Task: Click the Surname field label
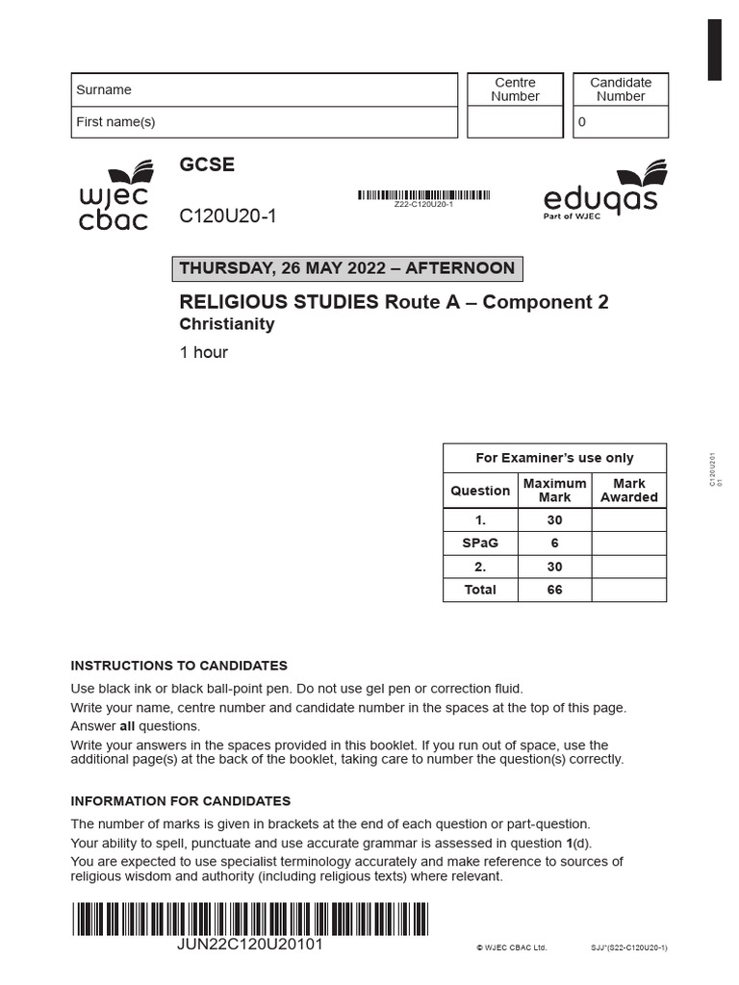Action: [x=104, y=89]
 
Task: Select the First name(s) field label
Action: [x=115, y=122]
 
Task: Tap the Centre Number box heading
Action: [x=515, y=89]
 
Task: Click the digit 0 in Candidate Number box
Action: [x=581, y=122]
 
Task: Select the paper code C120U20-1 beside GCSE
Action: [x=227, y=216]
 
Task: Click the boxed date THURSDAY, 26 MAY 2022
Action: [x=347, y=268]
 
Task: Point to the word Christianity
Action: [x=227, y=324]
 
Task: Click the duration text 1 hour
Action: [x=204, y=352]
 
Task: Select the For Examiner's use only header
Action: [x=555, y=458]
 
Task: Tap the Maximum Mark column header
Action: [x=554, y=491]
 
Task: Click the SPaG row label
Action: [x=480, y=543]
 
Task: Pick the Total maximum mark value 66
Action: [x=554, y=590]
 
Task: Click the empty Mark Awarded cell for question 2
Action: [x=628, y=567]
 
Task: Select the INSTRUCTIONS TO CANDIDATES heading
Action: [x=179, y=666]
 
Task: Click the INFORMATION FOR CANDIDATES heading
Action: [x=181, y=801]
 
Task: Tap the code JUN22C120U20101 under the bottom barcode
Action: [x=250, y=945]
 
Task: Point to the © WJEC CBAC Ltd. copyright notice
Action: [x=511, y=947]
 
